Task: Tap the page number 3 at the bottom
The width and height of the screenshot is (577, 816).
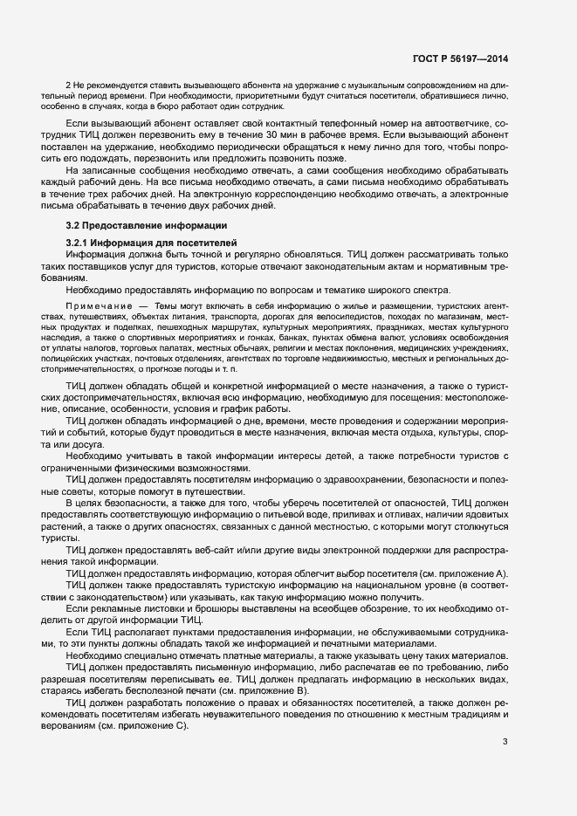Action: (505, 743)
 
